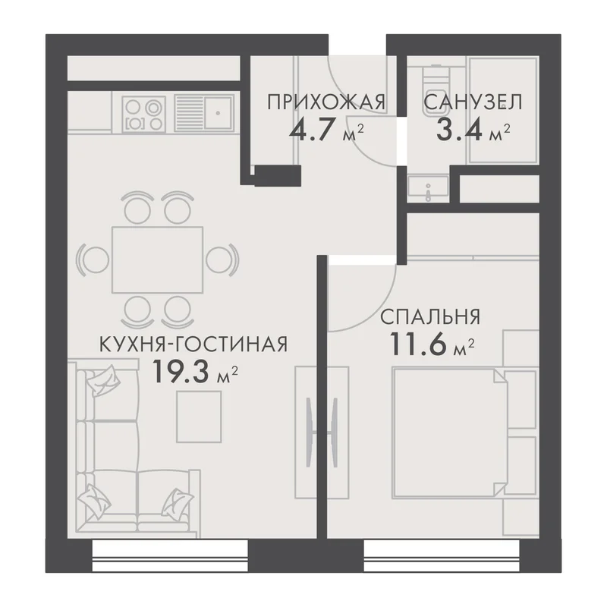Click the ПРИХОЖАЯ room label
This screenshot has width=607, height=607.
pyautogui.click(x=326, y=102)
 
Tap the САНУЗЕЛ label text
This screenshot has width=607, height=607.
pyautogui.click(x=473, y=102)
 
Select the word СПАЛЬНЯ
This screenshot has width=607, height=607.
pyautogui.click(x=430, y=317)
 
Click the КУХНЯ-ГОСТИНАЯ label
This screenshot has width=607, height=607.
pyautogui.click(x=193, y=344)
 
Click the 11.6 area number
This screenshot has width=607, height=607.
pyautogui.click(x=420, y=344)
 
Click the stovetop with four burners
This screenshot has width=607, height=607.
pyautogui.click(x=143, y=113)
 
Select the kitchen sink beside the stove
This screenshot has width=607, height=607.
pyautogui.click(x=203, y=113)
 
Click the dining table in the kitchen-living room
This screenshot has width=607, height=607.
pyautogui.click(x=157, y=259)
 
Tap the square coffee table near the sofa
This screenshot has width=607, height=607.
pyautogui.click(x=199, y=417)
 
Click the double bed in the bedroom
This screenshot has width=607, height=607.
pyautogui.click(x=449, y=432)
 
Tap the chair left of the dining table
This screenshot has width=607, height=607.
pyautogui.click(x=94, y=259)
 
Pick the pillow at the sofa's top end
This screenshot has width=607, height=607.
pyautogui.click(x=102, y=379)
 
